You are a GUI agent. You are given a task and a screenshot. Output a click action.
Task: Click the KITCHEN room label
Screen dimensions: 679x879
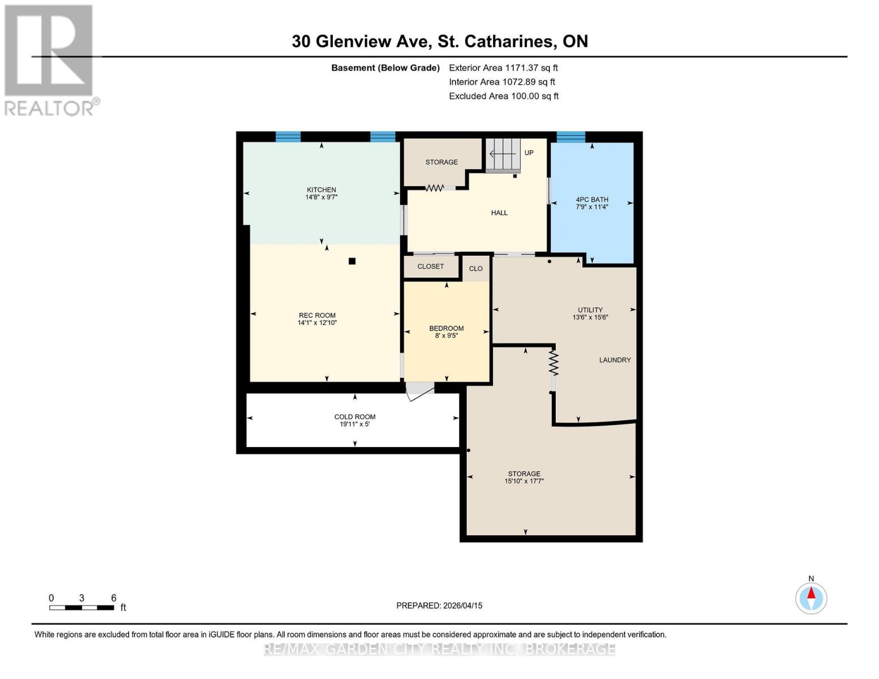click(321, 190)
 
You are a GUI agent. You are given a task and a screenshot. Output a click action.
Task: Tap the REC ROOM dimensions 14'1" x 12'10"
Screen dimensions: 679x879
click(318, 323)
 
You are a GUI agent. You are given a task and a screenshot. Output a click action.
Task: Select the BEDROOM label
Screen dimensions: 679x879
click(446, 328)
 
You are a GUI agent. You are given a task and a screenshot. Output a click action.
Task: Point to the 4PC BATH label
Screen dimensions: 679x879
click(592, 199)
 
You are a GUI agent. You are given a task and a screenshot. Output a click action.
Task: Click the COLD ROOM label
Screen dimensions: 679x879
click(355, 417)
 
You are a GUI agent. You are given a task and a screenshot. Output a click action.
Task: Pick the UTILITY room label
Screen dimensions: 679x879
click(590, 310)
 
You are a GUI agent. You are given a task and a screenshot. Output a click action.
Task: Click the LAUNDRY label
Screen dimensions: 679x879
click(615, 360)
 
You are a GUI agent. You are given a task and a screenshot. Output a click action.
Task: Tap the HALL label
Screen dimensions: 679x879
click(499, 213)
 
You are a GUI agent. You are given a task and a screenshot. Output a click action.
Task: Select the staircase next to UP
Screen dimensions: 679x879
click(503, 154)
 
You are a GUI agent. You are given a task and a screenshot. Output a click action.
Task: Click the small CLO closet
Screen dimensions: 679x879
click(476, 269)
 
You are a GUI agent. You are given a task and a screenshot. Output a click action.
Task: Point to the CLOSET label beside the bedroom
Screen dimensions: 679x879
click(431, 267)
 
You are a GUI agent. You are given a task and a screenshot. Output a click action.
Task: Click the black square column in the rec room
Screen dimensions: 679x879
click(352, 261)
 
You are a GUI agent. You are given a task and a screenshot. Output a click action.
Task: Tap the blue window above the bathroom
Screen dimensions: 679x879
click(571, 137)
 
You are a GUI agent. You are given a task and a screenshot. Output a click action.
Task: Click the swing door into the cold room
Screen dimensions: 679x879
click(419, 390)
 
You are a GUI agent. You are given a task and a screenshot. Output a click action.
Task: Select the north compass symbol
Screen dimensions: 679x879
click(811, 597)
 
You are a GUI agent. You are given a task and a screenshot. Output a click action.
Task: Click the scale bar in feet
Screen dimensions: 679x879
click(82, 608)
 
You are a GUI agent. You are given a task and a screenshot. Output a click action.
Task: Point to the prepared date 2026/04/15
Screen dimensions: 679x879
click(439, 605)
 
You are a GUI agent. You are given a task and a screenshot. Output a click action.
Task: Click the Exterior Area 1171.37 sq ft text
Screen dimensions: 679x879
click(503, 67)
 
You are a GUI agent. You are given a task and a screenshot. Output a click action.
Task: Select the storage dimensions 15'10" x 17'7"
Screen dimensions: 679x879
click(524, 482)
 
